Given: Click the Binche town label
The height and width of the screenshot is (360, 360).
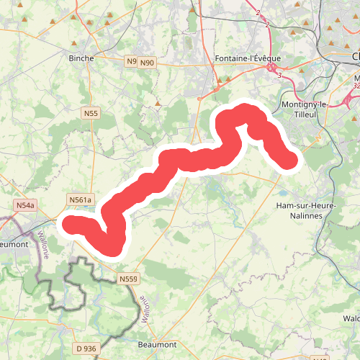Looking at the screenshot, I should pyautogui.click(x=81, y=58).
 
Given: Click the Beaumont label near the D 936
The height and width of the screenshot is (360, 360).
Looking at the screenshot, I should pyautogui.click(x=157, y=344).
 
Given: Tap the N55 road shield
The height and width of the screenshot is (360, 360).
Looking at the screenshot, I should pyautogui.click(x=91, y=113).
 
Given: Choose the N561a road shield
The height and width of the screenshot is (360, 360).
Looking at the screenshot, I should pyautogui.click(x=80, y=199).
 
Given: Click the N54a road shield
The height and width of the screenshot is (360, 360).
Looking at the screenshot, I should pyautogui.click(x=25, y=206).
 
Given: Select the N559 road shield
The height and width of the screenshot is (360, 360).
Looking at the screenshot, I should pyautogui.click(x=128, y=279).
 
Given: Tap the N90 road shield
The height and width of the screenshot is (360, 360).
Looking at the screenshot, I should pyautogui.click(x=147, y=63).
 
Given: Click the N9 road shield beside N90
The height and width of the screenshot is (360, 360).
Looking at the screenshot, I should pyautogui.click(x=131, y=62).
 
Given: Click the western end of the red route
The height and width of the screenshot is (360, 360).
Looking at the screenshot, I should pyautogui.click(x=73, y=224).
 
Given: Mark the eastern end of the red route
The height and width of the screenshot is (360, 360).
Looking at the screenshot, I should pyautogui.click(x=289, y=161).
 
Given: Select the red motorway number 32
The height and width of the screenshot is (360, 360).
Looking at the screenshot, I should pyautogui.click(x=356, y=86).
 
